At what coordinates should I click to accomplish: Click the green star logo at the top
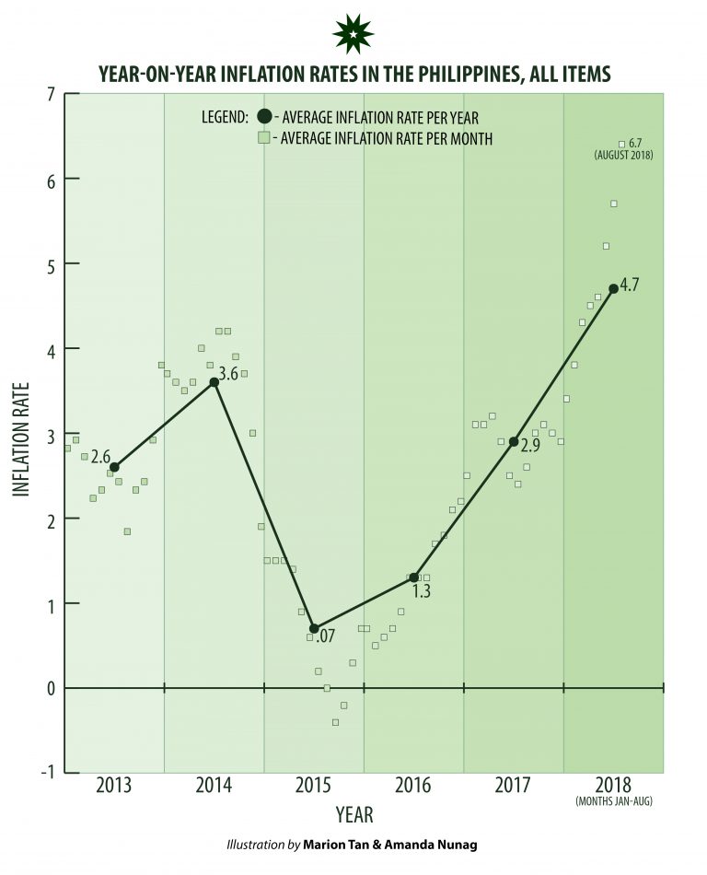tap(353, 34)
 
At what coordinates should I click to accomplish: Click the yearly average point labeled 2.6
tap(114, 467)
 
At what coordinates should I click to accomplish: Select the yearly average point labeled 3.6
tap(214, 381)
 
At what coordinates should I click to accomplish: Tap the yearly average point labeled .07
tap(314, 628)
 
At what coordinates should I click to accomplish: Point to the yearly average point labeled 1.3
tap(413, 577)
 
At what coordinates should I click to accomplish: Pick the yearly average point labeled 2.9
tap(514, 441)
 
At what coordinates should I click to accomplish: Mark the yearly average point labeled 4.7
tap(613, 288)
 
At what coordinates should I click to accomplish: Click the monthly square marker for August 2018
tap(621, 144)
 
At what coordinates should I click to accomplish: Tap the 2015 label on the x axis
tap(314, 786)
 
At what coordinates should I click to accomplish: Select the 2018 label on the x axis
tap(613, 786)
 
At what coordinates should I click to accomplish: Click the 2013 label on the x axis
tap(114, 786)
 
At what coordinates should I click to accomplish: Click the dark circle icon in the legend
tap(265, 117)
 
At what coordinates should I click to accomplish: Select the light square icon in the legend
tap(264, 138)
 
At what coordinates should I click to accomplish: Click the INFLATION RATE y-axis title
tap(21, 440)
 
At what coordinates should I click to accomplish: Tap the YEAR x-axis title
tap(353, 815)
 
